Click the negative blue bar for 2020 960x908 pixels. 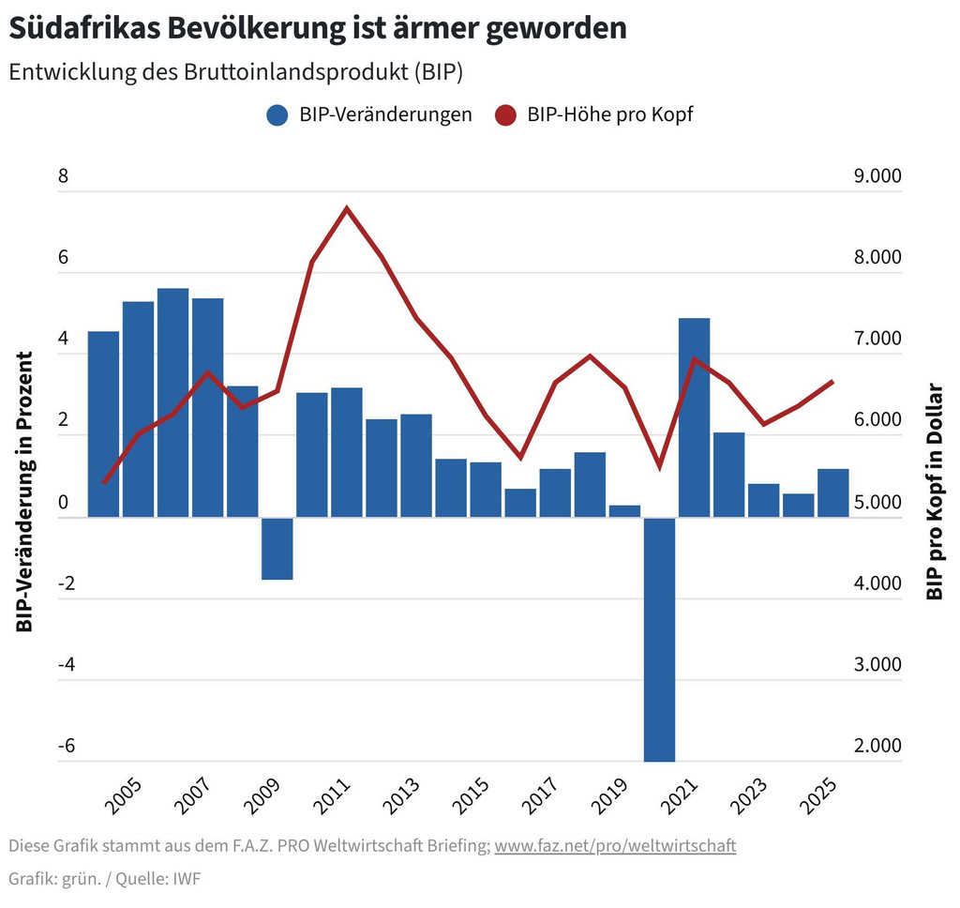pos(659,638)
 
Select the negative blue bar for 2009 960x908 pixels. pos(277,549)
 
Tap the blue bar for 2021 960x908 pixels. pos(694,417)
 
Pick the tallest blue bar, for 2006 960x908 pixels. pos(172,402)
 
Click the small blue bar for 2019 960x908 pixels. pos(624,511)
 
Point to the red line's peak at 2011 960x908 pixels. pos(347,208)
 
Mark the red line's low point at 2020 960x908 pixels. pos(660,466)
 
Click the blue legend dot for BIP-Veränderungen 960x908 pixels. pos(277,115)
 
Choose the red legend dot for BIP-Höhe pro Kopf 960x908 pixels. pos(506,115)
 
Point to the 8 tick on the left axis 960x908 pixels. pos(64,176)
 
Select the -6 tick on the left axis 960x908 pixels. pos(67,747)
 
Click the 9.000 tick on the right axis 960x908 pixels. pos(873,176)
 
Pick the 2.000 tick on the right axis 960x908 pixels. pos(873,747)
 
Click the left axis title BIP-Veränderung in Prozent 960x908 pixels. pos(25,492)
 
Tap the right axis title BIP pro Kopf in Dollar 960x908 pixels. pos(934,492)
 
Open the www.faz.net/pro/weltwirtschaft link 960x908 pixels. pos(615,846)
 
